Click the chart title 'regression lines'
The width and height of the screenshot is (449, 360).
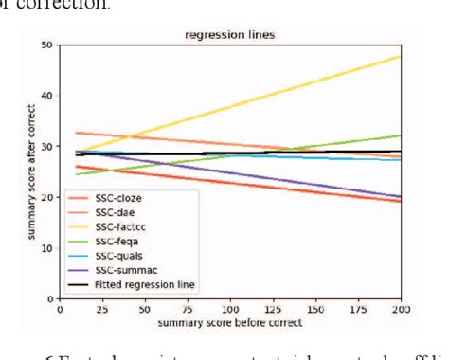point(230,36)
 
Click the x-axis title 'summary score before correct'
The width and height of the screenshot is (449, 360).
point(230,323)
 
